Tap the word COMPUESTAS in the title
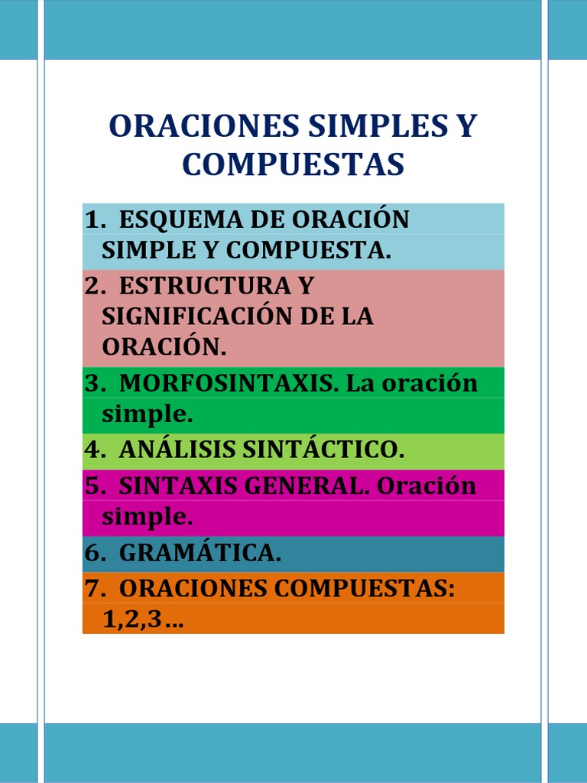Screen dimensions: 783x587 [293, 164]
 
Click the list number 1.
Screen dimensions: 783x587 [94, 219]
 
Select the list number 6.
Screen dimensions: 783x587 [94, 553]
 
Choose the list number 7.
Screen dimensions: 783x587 [94, 588]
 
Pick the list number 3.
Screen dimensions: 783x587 [94, 382]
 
